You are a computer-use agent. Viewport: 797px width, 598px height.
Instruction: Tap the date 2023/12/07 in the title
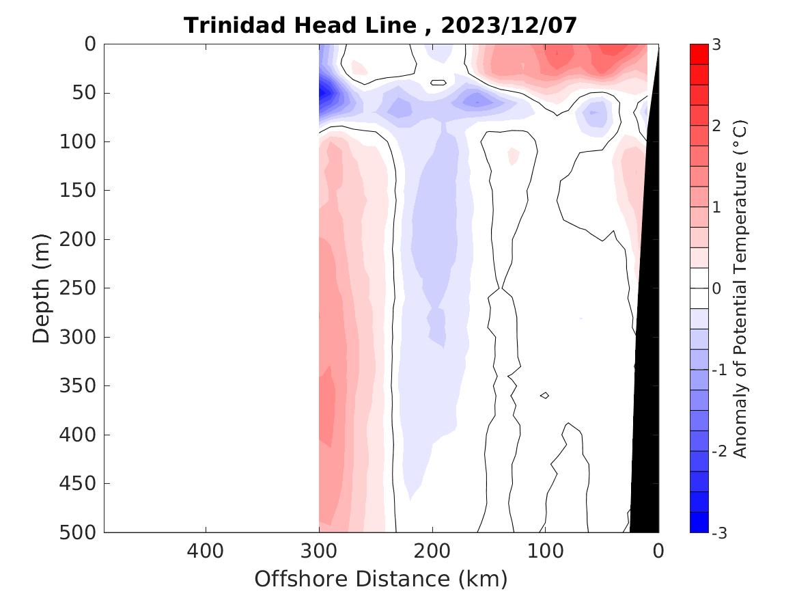coord(509,25)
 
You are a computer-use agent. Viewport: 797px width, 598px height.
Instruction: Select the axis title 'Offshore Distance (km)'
coord(381,579)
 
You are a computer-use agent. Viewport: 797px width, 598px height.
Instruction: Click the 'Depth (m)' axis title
coord(42,288)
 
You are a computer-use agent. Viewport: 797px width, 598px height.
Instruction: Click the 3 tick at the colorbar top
coord(716,44)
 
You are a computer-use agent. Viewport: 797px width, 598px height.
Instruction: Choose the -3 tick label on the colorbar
coord(719,532)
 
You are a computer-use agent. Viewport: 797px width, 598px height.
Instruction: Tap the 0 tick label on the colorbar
coord(716,288)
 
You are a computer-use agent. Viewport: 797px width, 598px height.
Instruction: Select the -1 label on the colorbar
coord(719,370)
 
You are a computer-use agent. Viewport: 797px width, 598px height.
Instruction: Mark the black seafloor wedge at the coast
coord(645,410)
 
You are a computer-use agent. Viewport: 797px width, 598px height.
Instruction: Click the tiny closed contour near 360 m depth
coord(544,395)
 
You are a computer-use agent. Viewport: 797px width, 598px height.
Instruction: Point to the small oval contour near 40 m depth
coord(438,83)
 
